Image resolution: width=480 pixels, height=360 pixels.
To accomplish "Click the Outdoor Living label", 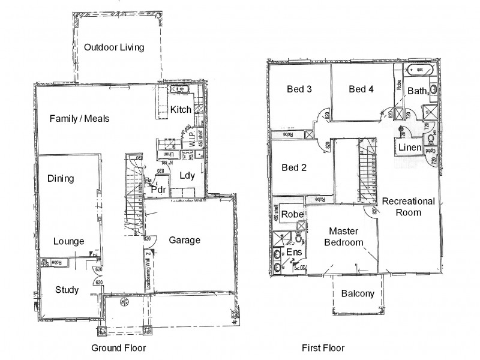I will click(x=114, y=47).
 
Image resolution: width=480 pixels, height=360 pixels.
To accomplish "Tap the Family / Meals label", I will click(x=79, y=118).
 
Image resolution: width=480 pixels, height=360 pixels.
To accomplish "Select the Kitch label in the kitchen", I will click(x=181, y=109).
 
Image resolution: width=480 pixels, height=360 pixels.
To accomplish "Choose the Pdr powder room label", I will click(x=158, y=189).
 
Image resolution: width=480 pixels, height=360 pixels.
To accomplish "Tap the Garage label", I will click(x=184, y=240).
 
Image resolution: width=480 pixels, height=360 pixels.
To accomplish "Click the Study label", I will click(x=67, y=290).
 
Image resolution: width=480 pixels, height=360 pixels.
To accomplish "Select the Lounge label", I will click(x=68, y=241).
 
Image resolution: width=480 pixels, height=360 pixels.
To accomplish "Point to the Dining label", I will click(x=61, y=178).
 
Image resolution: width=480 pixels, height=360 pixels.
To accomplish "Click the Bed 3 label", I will click(x=299, y=89).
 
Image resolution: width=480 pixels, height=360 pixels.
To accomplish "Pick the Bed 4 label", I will click(x=361, y=89).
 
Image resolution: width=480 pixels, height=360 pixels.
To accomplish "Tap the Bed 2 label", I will click(x=294, y=167).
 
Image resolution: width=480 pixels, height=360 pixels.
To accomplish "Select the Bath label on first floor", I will click(x=417, y=91).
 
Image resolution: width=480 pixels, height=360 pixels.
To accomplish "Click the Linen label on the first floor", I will click(x=409, y=148).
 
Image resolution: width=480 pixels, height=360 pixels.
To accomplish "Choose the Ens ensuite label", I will click(x=293, y=252).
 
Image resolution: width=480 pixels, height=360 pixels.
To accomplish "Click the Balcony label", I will click(x=358, y=293).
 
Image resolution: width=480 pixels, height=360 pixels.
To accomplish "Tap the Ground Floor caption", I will click(x=118, y=347).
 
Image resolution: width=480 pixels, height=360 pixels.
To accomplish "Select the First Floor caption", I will click(x=323, y=347).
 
